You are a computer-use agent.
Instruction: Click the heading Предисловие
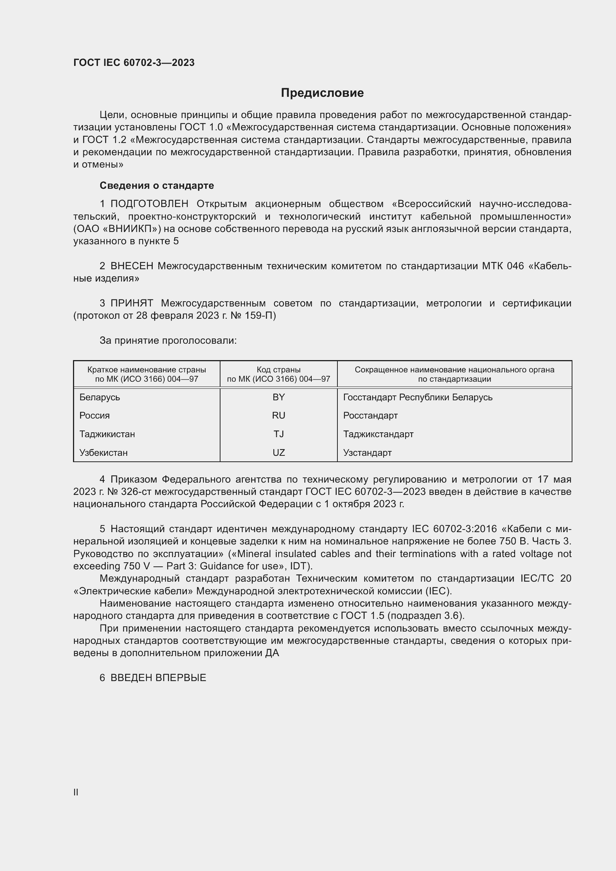pyautogui.click(x=322, y=93)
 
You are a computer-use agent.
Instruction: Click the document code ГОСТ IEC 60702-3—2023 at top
pyautogui.click(x=134, y=63)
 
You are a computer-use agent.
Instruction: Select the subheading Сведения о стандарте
pyautogui.click(x=157, y=185)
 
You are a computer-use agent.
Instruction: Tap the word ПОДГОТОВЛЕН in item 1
pyautogui.click(x=149, y=204)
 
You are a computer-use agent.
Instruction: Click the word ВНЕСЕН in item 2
pyautogui.click(x=131, y=266)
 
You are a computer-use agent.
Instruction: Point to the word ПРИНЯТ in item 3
pyautogui.click(x=131, y=303)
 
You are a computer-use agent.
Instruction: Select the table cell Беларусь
pyautogui.click(x=100, y=397)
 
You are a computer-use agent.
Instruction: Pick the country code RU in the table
pyautogui.click(x=279, y=416)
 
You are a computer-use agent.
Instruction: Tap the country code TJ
pyautogui.click(x=279, y=434)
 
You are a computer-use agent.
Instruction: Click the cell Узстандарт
pyautogui.click(x=367, y=452)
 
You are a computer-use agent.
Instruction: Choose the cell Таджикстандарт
pyautogui.click(x=378, y=434)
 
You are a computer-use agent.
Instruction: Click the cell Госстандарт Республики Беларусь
pyautogui.click(x=417, y=397)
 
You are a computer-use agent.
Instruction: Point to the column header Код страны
pyautogui.click(x=279, y=370)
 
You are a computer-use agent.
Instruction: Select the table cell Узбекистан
pyautogui.click(x=104, y=452)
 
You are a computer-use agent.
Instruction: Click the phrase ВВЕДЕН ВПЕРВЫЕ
pyautogui.click(x=158, y=678)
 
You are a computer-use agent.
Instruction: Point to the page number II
pyautogui.click(x=76, y=792)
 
